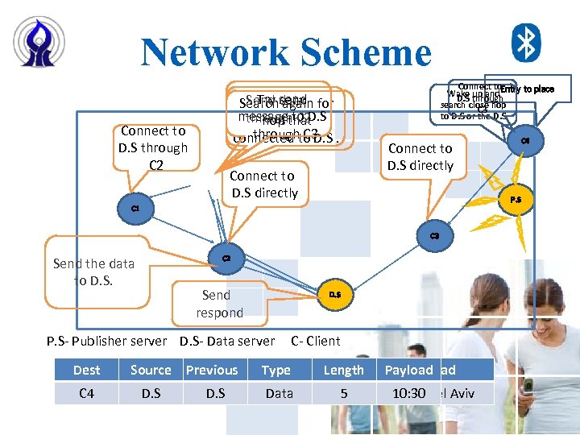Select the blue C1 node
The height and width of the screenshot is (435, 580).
point(135,209)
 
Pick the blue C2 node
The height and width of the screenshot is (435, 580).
point(226,258)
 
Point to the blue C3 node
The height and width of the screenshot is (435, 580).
point(434,236)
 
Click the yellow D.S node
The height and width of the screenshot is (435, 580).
point(334,296)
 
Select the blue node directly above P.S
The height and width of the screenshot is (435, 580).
point(525,141)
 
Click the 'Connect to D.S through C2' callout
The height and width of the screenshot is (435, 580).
point(153,147)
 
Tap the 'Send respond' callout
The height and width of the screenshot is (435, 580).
point(218,304)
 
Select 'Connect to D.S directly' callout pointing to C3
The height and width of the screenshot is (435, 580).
point(420,157)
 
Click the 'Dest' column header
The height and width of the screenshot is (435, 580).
point(87,370)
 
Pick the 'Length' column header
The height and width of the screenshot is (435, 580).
point(344,370)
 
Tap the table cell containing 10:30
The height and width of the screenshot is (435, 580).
point(408,394)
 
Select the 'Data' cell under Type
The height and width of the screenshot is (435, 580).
point(279,394)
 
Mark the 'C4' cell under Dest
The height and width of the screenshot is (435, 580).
point(87,394)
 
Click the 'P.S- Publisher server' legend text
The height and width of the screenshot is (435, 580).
point(106,341)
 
